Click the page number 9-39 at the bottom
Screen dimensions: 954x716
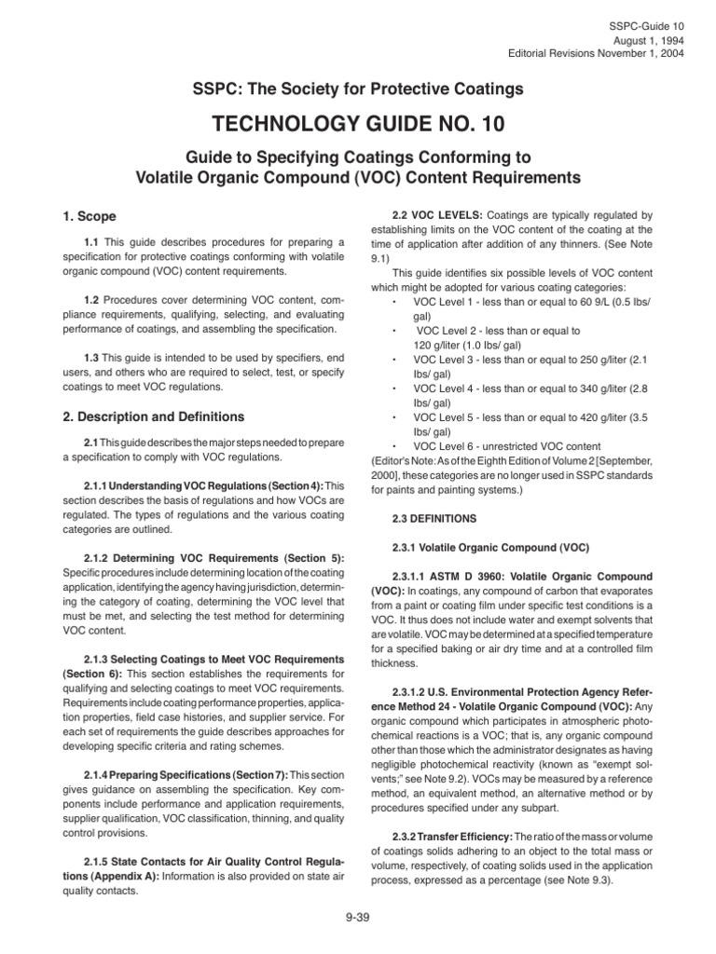click(357, 918)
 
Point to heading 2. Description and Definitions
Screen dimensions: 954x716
click(154, 416)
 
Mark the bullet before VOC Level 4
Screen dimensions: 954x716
click(395, 388)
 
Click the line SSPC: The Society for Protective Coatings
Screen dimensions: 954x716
click(357, 89)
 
